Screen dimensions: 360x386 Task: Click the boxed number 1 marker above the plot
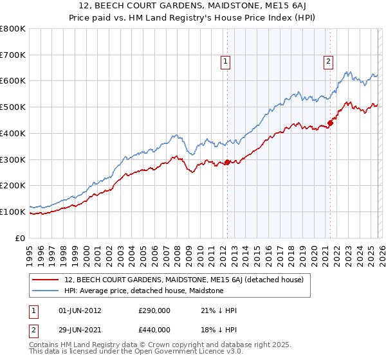226,62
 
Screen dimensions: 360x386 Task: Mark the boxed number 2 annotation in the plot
328,62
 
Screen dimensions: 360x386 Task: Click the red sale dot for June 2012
227,162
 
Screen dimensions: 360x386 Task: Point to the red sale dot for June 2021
330,122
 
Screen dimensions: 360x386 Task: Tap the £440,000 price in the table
154,329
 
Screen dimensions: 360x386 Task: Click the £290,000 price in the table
154,310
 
